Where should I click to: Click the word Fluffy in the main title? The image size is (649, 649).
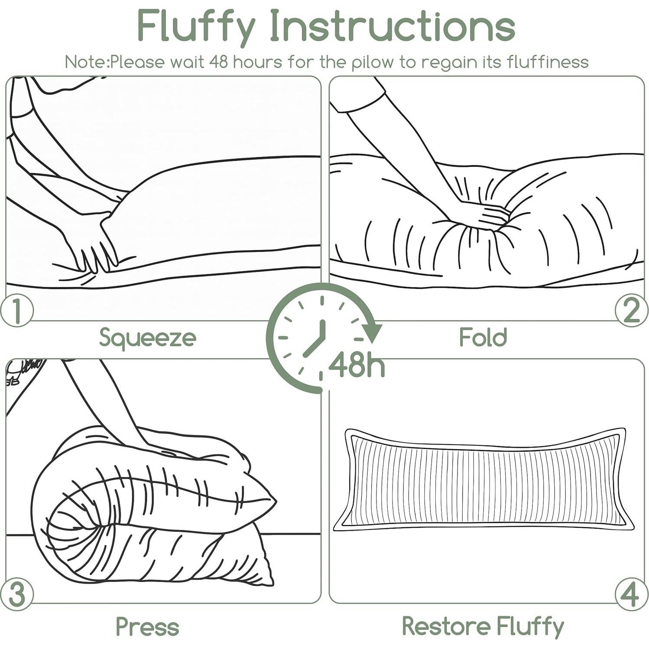(196, 26)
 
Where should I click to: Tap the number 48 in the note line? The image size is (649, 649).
(219, 62)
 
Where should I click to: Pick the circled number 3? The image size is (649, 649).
(16, 594)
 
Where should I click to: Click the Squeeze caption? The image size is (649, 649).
(147, 338)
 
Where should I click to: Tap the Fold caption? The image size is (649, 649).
(483, 337)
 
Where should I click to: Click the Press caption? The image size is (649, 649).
(147, 626)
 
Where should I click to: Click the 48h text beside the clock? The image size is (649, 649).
(356, 365)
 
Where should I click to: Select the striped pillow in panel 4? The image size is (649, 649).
(484, 480)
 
